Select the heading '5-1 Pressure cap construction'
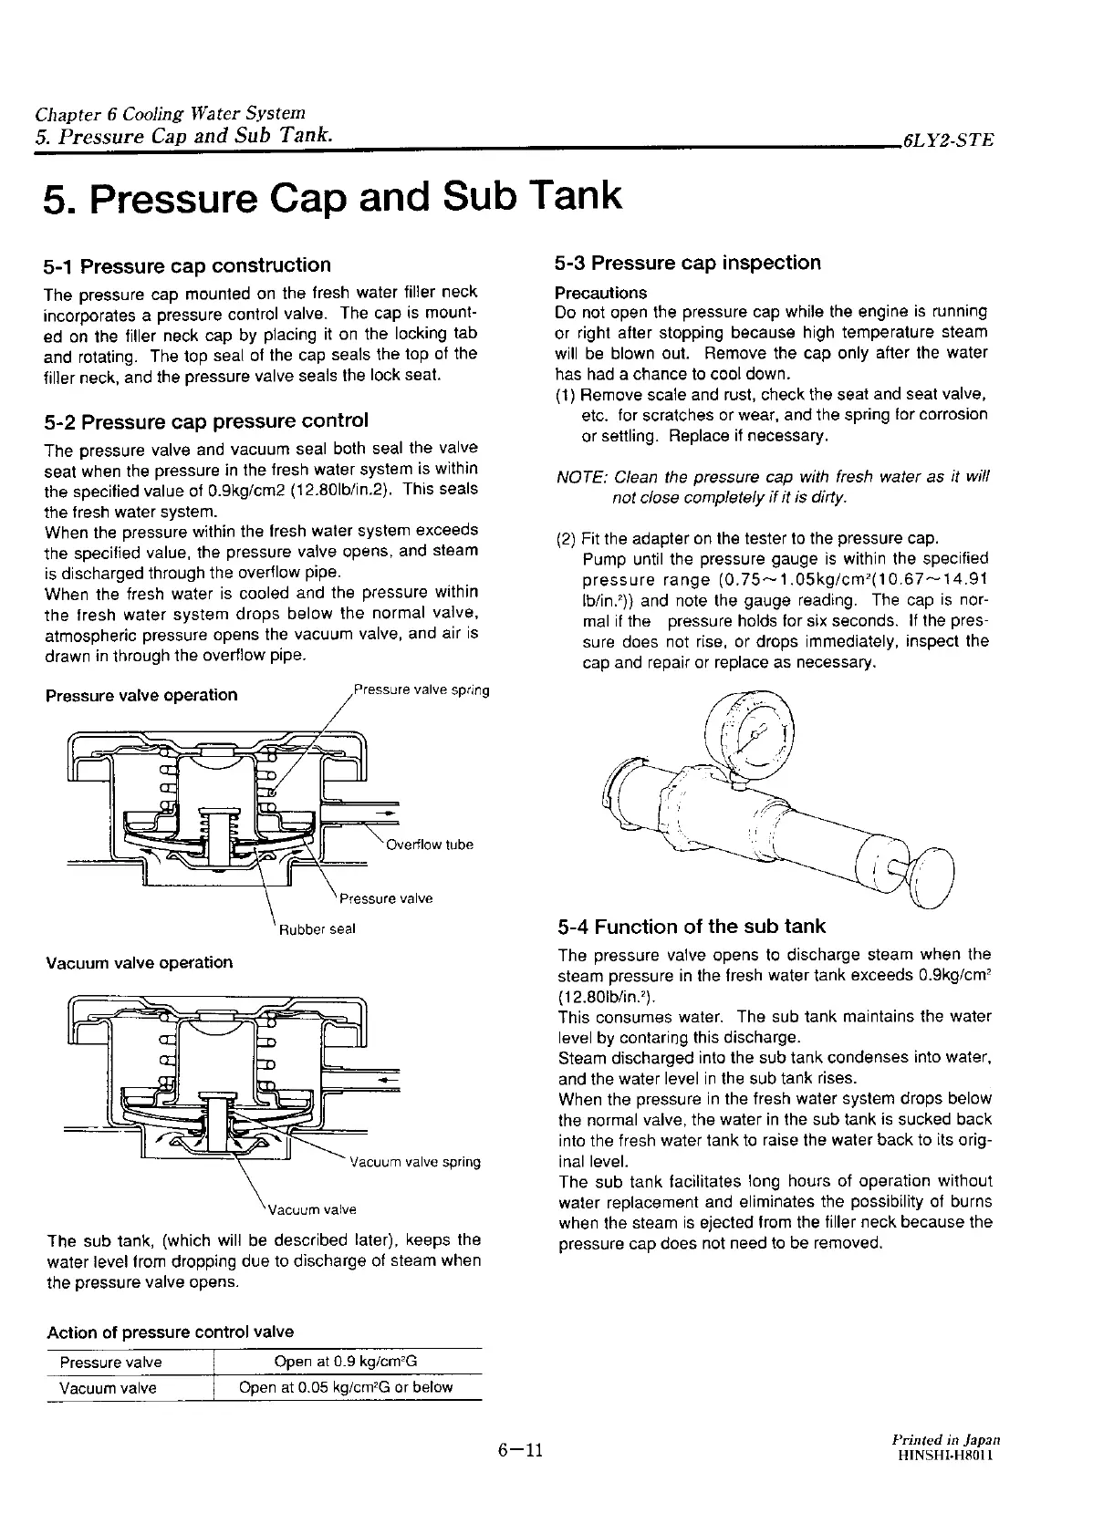(x=187, y=265)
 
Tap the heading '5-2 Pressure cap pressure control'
(x=206, y=421)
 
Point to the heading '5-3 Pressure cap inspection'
(x=688, y=263)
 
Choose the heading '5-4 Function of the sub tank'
(x=692, y=927)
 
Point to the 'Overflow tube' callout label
(x=430, y=845)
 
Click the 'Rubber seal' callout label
(x=317, y=929)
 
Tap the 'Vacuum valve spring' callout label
(x=415, y=1162)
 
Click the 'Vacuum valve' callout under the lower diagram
(x=310, y=1210)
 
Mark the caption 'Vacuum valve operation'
(x=139, y=962)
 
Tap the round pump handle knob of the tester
(x=932, y=877)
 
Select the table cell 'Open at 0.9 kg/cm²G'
(x=346, y=1363)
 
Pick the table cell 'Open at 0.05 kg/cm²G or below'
(x=346, y=1388)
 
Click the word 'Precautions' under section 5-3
(x=601, y=293)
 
